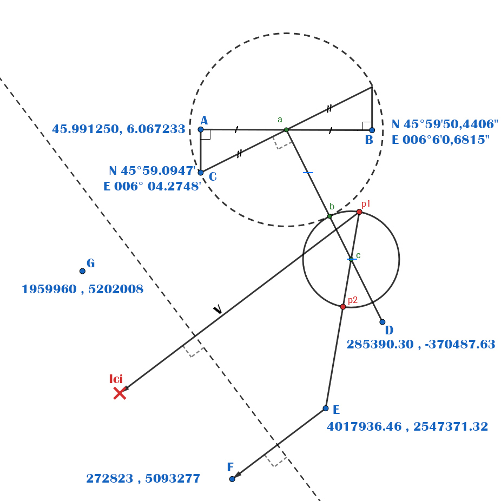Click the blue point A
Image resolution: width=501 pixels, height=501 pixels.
pos(201,129)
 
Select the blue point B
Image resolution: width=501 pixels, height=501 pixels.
pos(372,130)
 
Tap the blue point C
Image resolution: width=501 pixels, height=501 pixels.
pos(201,173)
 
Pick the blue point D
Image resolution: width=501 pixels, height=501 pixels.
pos(382,322)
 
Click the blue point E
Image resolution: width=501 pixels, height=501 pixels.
pos(325,408)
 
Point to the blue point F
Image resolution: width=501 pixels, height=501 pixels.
pos(232,479)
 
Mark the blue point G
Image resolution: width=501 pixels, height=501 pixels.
pos(82,271)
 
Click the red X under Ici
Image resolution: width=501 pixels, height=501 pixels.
pos(120,393)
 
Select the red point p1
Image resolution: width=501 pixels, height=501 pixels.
pos(359,212)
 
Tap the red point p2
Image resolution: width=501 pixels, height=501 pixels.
pos(342,307)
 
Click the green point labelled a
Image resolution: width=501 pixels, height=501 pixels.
pos(286,130)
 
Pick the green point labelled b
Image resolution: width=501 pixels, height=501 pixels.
pos(329,216)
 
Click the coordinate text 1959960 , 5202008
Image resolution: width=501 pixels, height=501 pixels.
pos(82,289)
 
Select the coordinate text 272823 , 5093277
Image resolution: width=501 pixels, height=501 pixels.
pos(143,479)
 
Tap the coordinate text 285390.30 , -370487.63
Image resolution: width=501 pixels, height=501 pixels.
pos(421,344)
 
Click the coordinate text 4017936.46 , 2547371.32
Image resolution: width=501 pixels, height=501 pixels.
pos(407,426)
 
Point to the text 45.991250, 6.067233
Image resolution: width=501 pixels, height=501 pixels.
pos(118,129)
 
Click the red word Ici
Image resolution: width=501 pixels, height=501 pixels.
pos(116,378)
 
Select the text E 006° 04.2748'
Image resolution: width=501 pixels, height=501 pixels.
pos(152,186)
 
